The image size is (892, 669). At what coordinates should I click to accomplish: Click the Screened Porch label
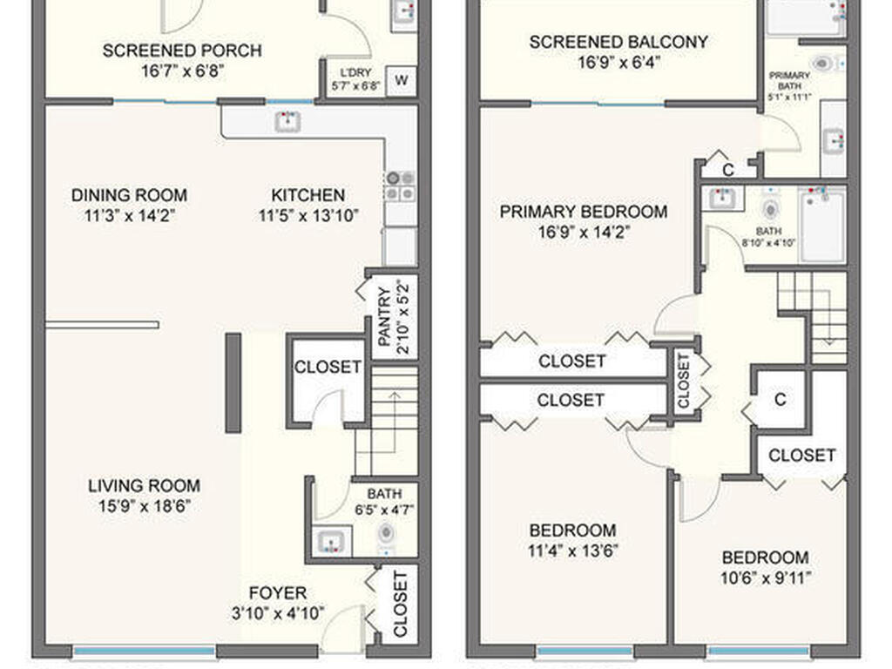(x=182, y=51)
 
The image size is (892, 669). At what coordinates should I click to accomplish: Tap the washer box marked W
(x=401, y=80)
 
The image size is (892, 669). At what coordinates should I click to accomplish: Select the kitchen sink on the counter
(x=287, y=122)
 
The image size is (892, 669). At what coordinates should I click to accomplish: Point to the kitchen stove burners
(x=401, y=186)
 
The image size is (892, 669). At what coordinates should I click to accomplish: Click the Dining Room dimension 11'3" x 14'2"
(x=129, y=216)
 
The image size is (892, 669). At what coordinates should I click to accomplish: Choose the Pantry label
(x=384, y=317)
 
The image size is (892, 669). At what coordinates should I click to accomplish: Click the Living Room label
(x=144, y=486)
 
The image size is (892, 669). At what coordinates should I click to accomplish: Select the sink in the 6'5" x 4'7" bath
(x=330, y=542)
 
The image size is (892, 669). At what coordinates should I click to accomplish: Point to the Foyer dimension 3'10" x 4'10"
(x=278, y=613)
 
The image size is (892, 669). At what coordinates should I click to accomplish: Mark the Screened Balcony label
(x=618, y=42)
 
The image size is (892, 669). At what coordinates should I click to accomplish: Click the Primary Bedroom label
(x=584, y=212)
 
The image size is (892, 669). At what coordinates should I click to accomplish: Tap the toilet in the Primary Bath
(x=823, y=64)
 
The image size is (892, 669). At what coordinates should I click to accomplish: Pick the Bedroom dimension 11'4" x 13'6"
(x=573, y=551)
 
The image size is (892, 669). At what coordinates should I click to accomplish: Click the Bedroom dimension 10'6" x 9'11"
(x=766, y=578)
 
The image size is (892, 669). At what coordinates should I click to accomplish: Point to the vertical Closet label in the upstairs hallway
(x=683, y=381)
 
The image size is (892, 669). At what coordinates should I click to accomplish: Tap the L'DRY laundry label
(x=355, y=73)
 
